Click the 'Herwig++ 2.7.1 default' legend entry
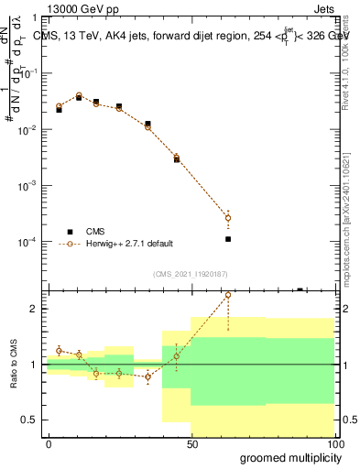115,244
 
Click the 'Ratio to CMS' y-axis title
12,365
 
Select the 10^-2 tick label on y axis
29,130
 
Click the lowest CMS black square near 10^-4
228,239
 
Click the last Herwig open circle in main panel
228,218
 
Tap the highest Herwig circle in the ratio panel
228,295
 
